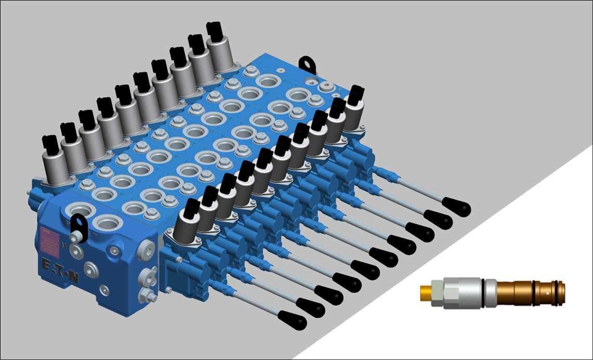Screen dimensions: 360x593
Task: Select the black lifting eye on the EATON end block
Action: coord(77,224)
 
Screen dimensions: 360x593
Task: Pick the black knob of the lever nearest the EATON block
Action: coord(292,319)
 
